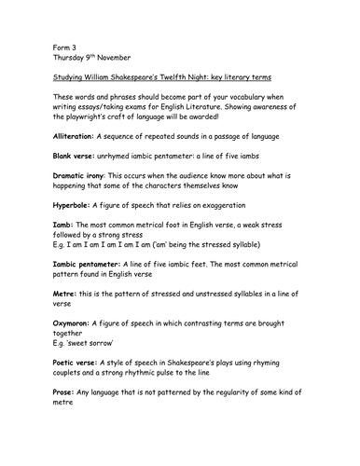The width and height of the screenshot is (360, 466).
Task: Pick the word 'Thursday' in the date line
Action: [x=74, y=58]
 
